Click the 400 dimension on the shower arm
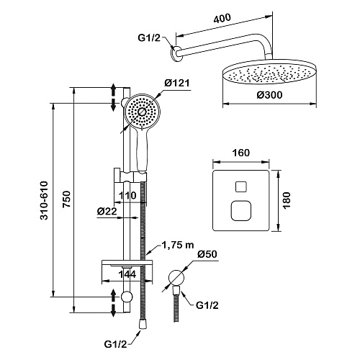click(x=222, y=19)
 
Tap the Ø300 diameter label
click(x=269, y=95)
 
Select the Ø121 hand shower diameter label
click(x=177, y=83)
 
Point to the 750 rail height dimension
click(x=66, y=199)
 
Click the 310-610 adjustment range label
click(x=44, y=201)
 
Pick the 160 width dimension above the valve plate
click(x=241, y=153)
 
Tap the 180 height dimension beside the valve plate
click(x=287, y=201)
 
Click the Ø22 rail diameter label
click(x=107, y=211)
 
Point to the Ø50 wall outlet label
click(x=207, y=254)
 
